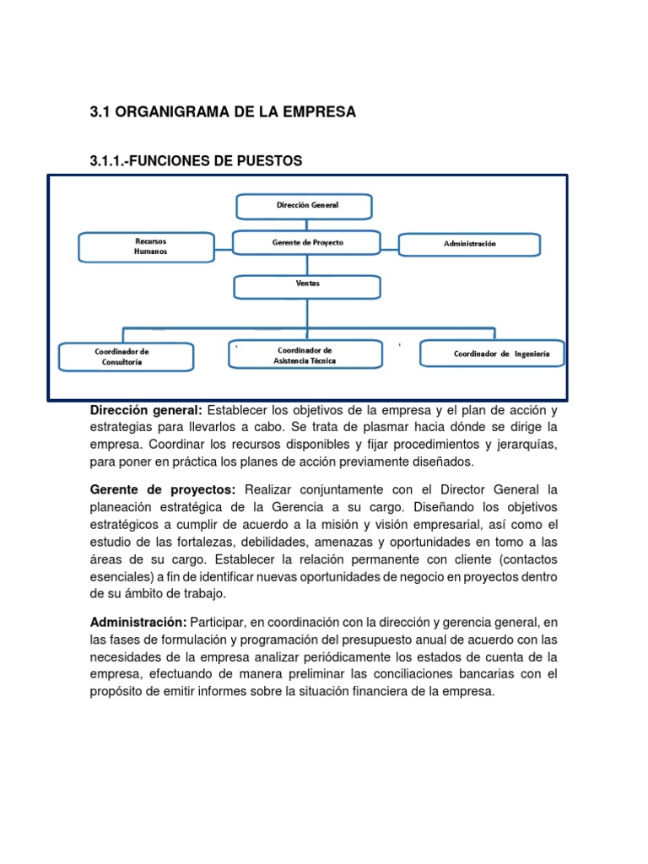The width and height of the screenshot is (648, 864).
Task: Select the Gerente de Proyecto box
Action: point(307,242)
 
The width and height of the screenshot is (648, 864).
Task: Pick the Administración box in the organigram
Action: point(469,244)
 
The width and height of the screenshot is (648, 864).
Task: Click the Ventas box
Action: point(307,285)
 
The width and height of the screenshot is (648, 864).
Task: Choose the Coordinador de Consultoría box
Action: point(126,356)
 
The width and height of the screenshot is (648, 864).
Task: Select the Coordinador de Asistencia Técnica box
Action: point(304,355)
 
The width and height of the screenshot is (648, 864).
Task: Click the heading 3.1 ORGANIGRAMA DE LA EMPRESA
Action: point(223,112)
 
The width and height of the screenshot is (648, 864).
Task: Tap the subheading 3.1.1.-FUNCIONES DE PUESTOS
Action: point(196,160)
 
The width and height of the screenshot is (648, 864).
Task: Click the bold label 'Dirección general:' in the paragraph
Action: point(146,411)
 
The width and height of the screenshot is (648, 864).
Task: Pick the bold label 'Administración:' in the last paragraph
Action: point(138,623)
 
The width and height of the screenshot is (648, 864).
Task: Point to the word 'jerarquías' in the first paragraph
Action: point(526,445)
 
